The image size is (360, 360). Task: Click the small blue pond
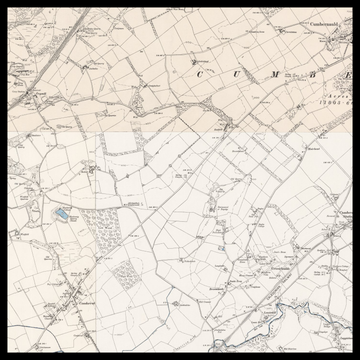[x=62, y=214]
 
